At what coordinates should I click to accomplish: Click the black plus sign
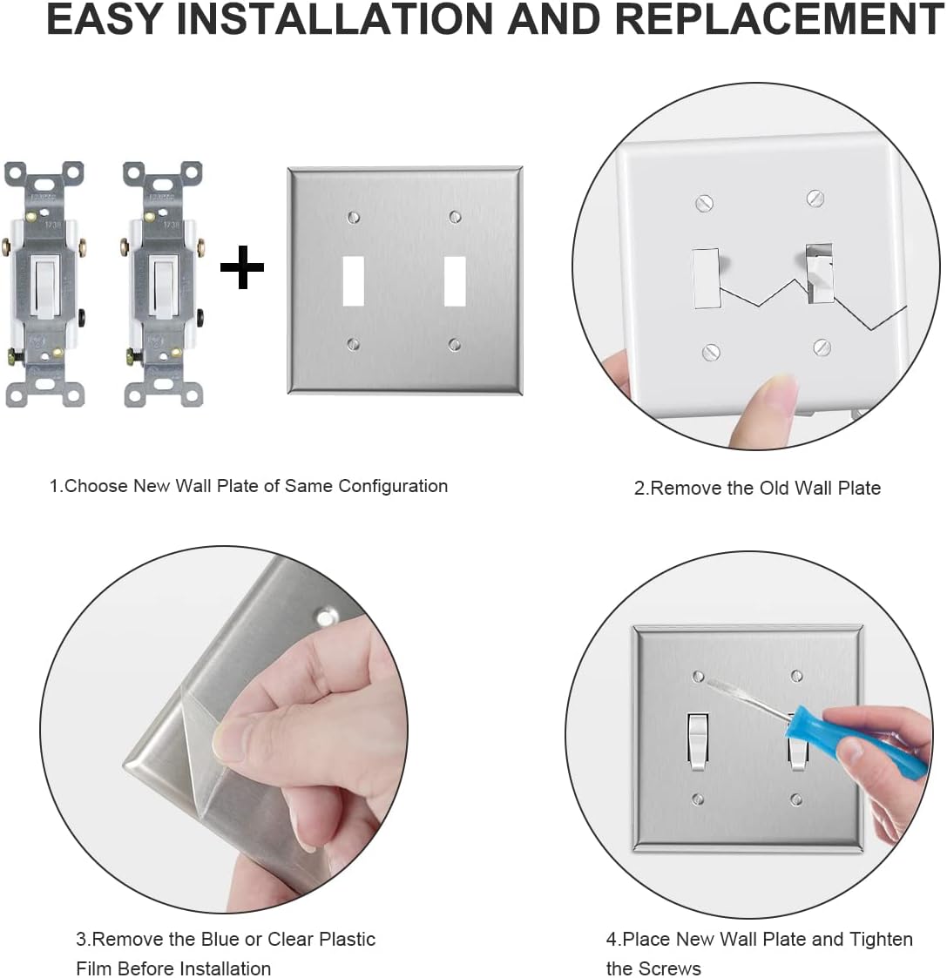pyautogui.click(x=242, y=268)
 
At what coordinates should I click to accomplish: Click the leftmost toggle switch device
pyautogui.click(x=44, y=283)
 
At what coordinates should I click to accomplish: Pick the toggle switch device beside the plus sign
pyautogui.click(x=163, y=283)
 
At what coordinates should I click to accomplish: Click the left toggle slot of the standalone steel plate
pyautogui.click(x=353, y=281)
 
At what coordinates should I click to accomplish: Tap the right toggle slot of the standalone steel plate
pyautogui.click(x=455, y=281)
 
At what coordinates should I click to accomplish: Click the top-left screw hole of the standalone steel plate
pyautogui.click(x=354, y=216)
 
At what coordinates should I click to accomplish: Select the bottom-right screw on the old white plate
pyautogui.click(x=822, y=347)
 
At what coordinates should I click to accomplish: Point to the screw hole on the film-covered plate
pyautogui.click(x=327, y=617)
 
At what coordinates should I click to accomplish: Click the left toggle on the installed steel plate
pyautogui.click(x=698, y=740)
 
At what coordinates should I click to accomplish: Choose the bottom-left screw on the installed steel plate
pyautogui.click(x=698, y=799)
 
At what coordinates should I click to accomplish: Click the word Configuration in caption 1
pyautogui.click(x=392, y=486)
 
